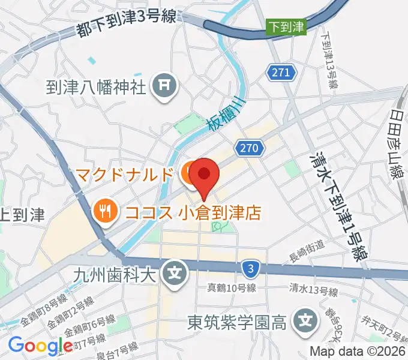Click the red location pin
pos(205,175)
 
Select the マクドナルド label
pos(124,175)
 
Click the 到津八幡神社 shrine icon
pos(164,88)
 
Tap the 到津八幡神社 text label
pos(96,88)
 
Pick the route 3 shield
pos(250,268)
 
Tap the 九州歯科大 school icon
pos(175,275)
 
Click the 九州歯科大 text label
pos(115,276)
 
